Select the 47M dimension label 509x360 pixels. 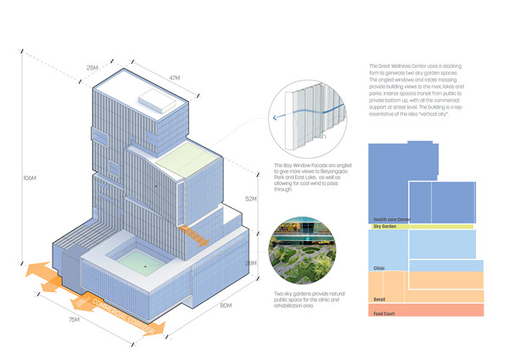tap(175, 77)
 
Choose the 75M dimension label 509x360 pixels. tap(74, 318)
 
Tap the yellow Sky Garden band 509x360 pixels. tap(420, 228)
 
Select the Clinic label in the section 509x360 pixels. tap(379, 267)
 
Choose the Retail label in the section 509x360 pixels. tap(379, 299)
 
